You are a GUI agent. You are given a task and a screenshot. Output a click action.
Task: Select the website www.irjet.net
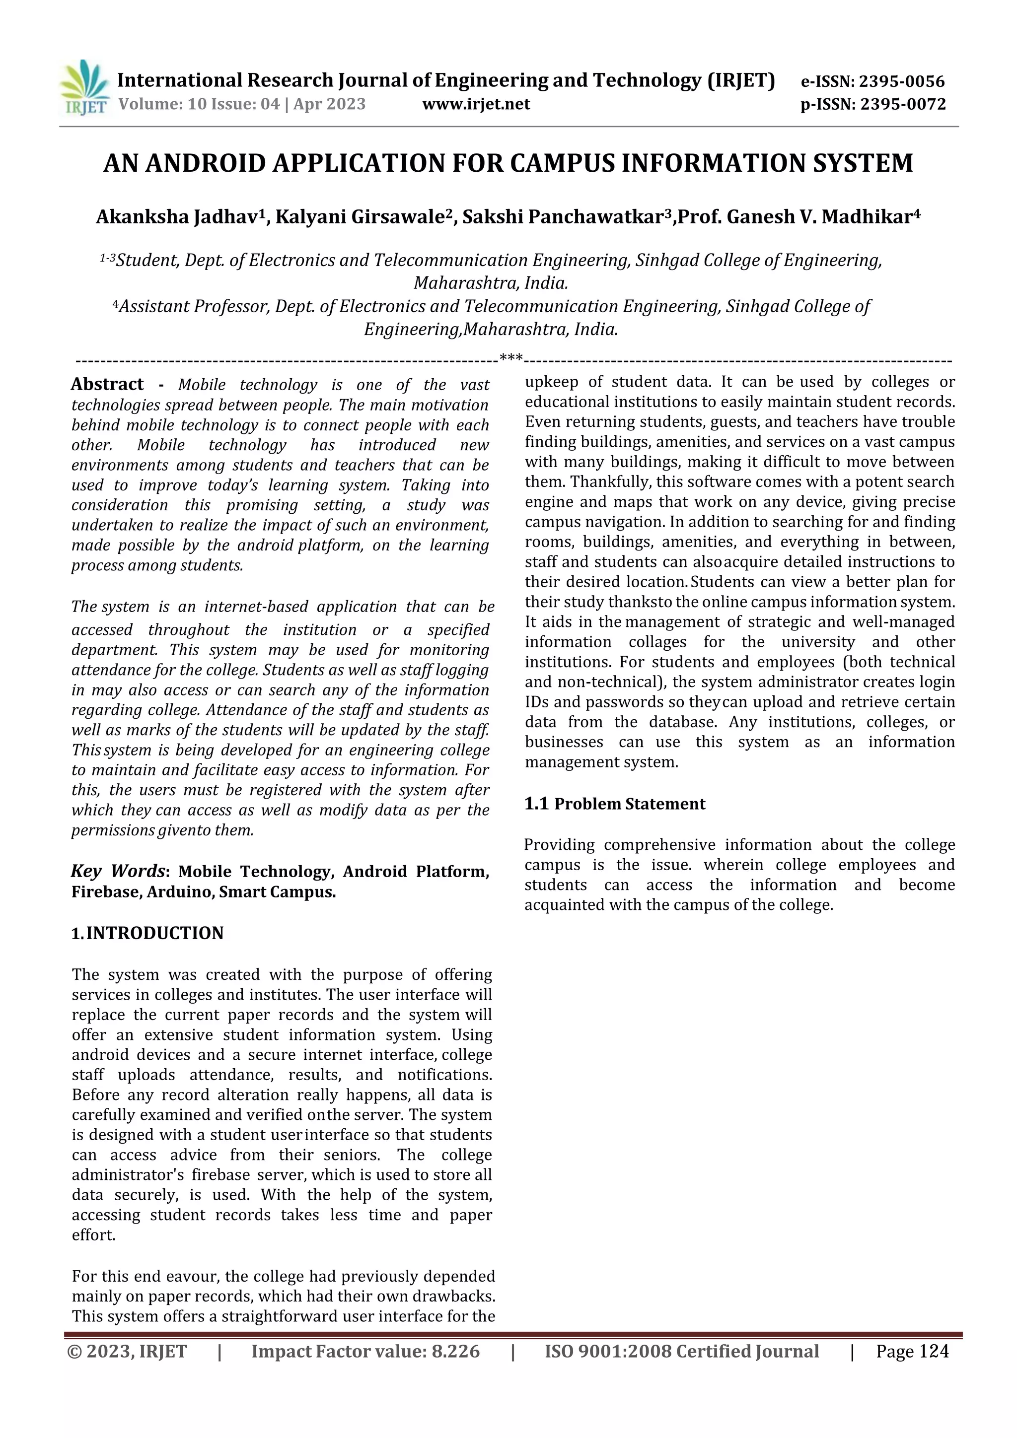point(476,104)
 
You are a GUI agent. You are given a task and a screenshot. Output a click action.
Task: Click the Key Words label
point(118,871)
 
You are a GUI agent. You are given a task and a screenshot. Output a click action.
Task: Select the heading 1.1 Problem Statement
point(614,804)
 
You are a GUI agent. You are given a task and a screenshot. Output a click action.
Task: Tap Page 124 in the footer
point(912,1352)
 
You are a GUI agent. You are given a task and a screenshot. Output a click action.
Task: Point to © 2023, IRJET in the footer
point(127,1352)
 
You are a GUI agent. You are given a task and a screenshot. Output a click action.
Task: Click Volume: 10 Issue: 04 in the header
point(199,104)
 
